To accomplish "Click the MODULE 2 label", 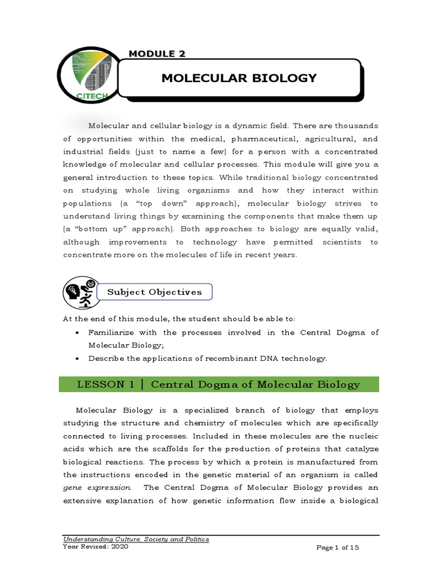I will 157,54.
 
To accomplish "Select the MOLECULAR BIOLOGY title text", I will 239,78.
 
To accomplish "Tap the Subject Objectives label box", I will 154,292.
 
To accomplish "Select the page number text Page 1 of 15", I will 337,548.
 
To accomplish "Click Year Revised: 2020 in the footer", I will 96,547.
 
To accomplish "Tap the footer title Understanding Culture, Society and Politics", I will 136,539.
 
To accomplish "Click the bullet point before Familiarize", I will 78,333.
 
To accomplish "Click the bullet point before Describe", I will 78,359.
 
